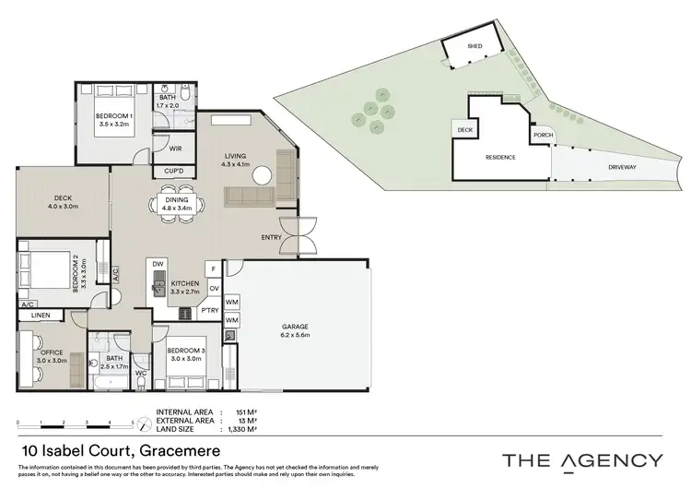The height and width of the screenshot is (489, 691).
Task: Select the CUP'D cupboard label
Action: point(172,171)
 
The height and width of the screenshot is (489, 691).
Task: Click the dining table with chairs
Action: point(175,204)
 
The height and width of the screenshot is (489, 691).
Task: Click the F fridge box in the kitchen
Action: point(214,268)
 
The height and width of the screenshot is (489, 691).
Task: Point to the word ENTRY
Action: point(272,237)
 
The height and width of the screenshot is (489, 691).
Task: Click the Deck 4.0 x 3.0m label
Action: point(63,201)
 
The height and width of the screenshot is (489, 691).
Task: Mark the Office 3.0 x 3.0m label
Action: point(51,354)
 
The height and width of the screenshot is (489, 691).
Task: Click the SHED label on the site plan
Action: point(475,44)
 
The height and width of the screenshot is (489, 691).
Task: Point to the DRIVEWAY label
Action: point(625,168)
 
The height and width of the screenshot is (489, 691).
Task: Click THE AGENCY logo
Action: point(582,459)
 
